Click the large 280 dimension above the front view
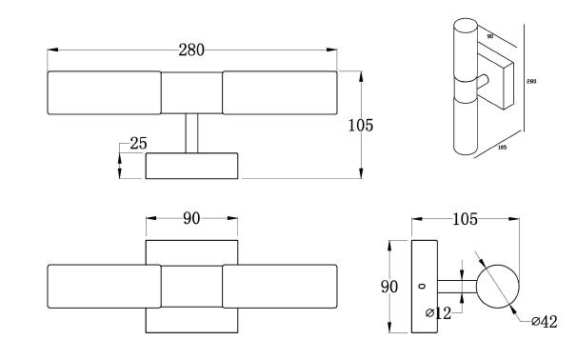tap(191, 50)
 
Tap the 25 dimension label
tap(138, 143)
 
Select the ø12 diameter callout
tap(438, 313)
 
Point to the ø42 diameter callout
tap(545, 321)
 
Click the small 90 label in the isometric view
tap(490, 36)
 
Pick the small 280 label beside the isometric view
tap(531, 81)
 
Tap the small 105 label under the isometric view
tap(502, 148)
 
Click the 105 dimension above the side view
tap(465, 219)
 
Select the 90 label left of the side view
tap(389, 287)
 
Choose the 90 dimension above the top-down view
tap(191, 219)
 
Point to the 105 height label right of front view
tap(361, 126)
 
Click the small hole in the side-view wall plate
tap(422, 286)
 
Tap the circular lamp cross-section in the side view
tap(498, 287)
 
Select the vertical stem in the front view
tap(191, 133)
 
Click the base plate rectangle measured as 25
tap(191, 166)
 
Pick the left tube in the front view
tap(104, 92)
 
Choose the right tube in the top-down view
tap(280, 287)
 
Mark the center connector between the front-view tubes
tap(191, 92)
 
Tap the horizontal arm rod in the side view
tap(457, 287)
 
